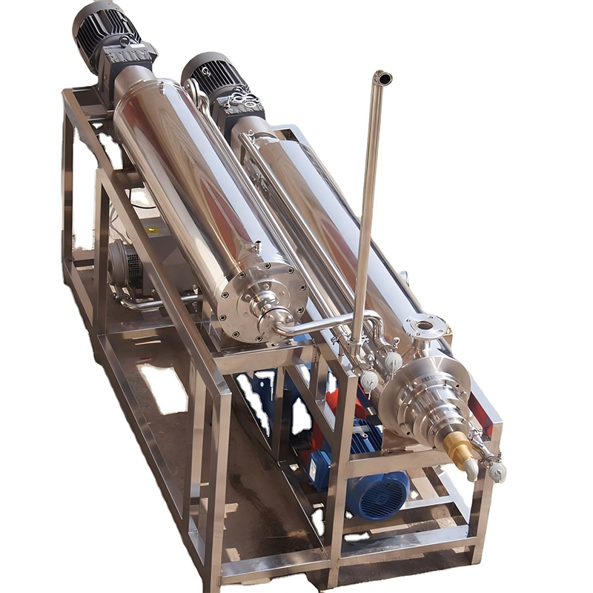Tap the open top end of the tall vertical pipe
tap(382, 77)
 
